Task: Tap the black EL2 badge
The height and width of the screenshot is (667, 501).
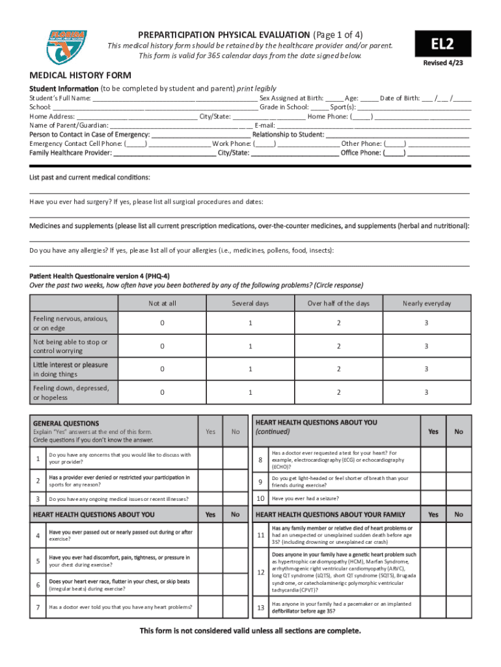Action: tap(443, 44)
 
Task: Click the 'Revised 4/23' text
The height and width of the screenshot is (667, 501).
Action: tap(443, 63)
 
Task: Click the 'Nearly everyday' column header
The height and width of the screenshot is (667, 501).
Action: tap(426, 304)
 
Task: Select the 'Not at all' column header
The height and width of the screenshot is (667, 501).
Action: tap(162, 304)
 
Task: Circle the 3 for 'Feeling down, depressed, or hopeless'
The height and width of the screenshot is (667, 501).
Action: tap(426, 392)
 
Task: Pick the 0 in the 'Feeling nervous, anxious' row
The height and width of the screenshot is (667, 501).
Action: tap(162, 322)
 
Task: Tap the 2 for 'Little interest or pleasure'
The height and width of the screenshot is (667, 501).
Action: tap(338, 369)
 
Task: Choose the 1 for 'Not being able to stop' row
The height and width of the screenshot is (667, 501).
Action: tap(250, 346)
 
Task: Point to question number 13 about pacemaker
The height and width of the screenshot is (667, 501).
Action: tap(260, 608)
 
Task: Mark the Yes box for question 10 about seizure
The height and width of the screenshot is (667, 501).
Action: tap(433, 499)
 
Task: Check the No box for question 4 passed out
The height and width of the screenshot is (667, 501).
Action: tap(236, 535)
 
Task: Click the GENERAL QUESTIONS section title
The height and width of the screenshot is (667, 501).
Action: tap(66, 423)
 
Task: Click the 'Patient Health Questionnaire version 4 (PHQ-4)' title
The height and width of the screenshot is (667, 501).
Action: tap(100, 276)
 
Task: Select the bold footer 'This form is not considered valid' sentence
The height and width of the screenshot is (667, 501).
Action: tap(251, 631)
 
